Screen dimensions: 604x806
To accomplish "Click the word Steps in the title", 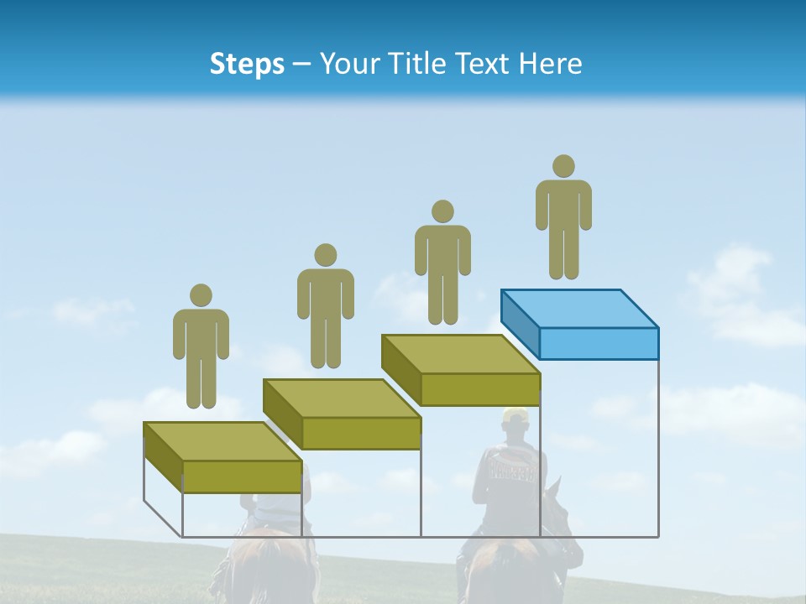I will pos(247,64).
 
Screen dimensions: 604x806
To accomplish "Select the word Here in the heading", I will pos(551,64).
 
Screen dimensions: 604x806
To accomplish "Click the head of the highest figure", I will pos(563,166).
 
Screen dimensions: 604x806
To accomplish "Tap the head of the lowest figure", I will pos(201,295).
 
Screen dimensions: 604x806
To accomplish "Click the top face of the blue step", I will pos(579,308).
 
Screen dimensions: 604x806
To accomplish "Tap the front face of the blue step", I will pos(599,343).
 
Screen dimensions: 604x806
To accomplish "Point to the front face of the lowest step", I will pos(242,476).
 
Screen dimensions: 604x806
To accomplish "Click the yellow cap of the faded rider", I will pos(515,414).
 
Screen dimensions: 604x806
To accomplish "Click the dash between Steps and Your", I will pos(302,64).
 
